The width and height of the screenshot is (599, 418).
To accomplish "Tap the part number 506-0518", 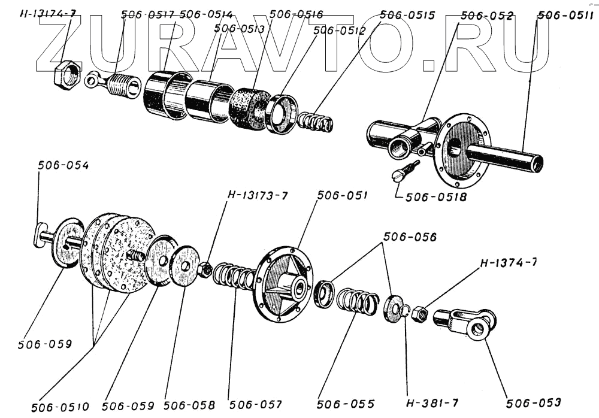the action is (x=435, y=196).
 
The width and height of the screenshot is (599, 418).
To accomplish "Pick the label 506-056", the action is (x=410, y=237).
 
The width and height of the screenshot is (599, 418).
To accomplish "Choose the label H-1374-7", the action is (x=507, y=264).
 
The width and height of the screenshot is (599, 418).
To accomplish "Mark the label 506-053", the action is (x=534, y=402).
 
